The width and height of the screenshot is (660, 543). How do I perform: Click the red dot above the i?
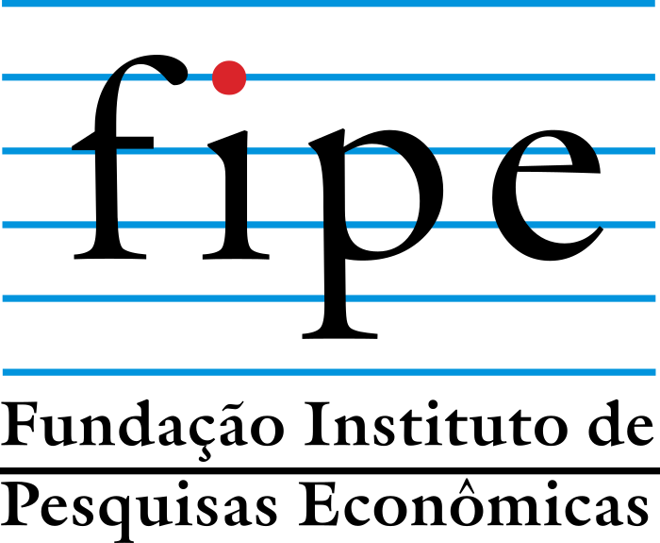click(229, 77)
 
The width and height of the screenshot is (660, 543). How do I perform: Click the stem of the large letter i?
click(236, 198)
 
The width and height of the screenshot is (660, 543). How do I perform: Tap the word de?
click(621, 424)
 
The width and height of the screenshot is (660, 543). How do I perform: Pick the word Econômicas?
click(473, 503)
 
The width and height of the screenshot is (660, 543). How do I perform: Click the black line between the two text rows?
click(330, 470)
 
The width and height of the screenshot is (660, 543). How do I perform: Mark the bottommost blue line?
click(329, 372)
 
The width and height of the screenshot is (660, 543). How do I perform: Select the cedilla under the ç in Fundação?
click(205, 454)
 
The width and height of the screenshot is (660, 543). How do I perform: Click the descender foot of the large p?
click(339, 335)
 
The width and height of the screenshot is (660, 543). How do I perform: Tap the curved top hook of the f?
click(156, 67)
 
